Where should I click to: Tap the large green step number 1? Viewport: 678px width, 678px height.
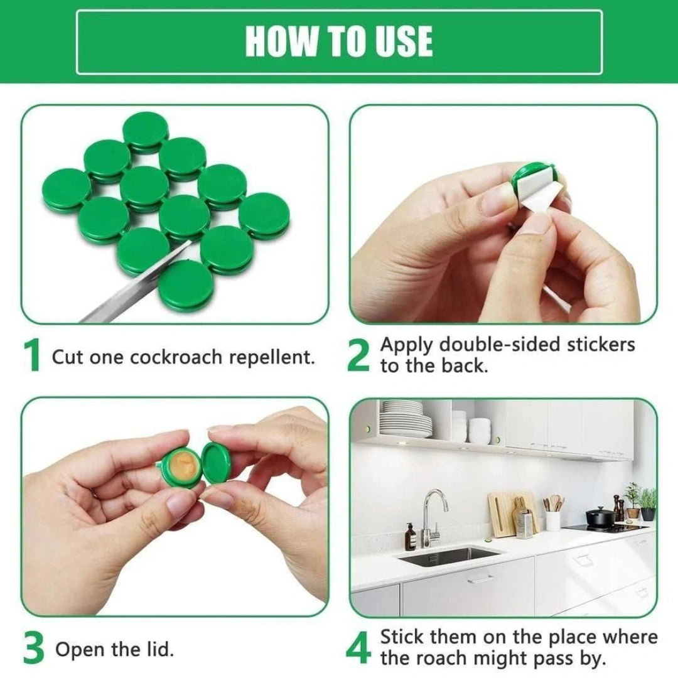click(31, 357)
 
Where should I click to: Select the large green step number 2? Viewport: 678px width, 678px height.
click(358, 357)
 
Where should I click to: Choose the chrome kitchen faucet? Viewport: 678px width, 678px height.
click(433, 512)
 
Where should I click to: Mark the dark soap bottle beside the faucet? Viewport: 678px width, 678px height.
click(411, 538)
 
